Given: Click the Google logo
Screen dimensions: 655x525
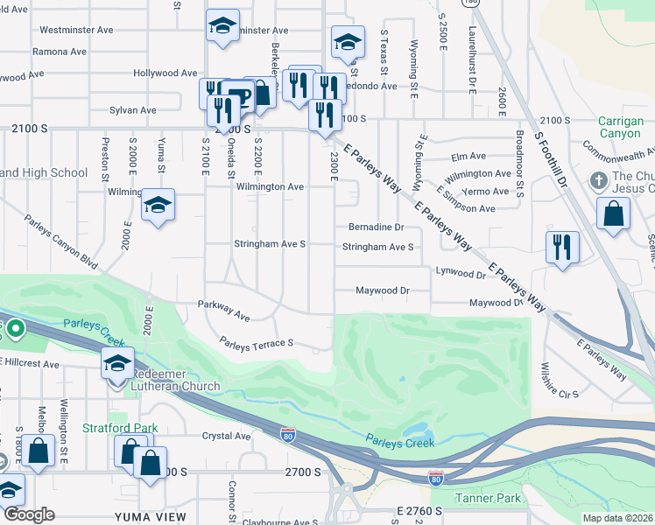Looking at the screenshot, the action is click(29, 514).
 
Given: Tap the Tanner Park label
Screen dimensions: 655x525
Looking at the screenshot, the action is click(488, 499).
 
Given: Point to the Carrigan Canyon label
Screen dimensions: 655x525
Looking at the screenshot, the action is click(620, 127).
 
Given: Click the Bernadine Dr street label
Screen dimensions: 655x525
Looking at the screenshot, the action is click(376, 226).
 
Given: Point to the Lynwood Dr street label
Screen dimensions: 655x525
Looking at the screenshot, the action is click(461, 274).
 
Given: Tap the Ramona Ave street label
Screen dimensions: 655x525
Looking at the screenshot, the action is click(60, 52).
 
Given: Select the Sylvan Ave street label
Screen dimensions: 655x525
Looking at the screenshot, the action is click(133, 110).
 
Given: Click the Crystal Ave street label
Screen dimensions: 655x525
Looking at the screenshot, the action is click(226, 436).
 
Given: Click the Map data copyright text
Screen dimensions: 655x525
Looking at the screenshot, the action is click(618, 518).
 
